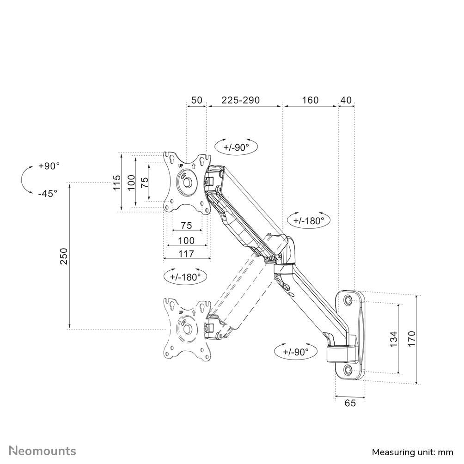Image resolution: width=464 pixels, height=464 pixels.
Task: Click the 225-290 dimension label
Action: point(240,100)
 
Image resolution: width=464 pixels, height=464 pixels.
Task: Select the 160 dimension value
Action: point(310,100)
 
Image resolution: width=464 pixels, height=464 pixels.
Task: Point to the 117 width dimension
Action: point(186,253)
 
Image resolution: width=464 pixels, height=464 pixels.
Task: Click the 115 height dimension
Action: point(117,182)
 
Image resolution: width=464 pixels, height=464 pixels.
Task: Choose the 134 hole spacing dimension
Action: point(393,339)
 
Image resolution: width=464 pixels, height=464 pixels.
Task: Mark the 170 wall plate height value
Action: point(412,339)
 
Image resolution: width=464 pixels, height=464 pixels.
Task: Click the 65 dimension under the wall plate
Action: point(350,403)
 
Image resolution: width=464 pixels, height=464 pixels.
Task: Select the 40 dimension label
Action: point(346,100)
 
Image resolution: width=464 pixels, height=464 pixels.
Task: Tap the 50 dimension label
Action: point(196,100)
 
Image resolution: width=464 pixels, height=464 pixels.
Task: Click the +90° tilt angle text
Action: point(49,166)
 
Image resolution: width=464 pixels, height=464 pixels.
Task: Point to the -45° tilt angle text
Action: point(48,193)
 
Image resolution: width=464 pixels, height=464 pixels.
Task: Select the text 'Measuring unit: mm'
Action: point(412,452)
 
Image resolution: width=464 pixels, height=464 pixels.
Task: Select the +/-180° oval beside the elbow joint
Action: point(308,220)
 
